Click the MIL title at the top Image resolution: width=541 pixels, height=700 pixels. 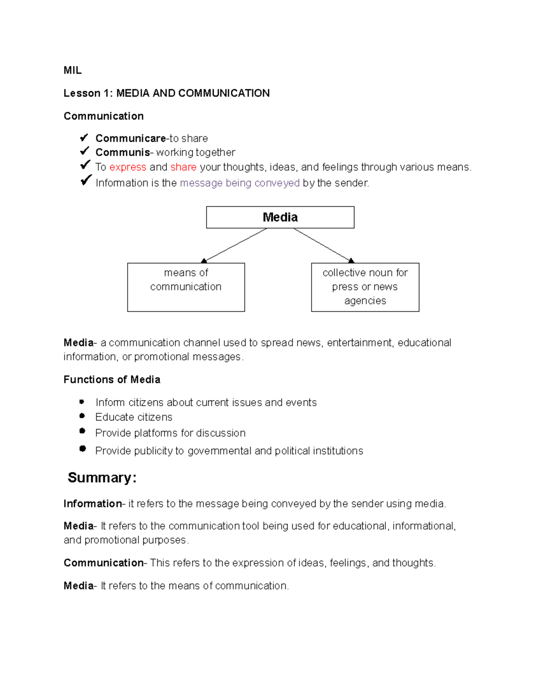pyautogui.click(x=72, y=70)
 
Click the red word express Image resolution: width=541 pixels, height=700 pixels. pyautogui.click(x=128, y=167)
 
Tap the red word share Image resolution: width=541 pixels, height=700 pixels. pyautogui.click(x=183, y=167)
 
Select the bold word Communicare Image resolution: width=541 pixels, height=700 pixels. pyautogui.click(x=130, y=138)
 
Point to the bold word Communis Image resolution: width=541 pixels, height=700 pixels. pyautogui.click(x=123, y=152)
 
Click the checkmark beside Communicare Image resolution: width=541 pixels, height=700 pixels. pyautogui.click(x=84, y=137)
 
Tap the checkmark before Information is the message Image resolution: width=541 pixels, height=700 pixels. pyautogui.click(x=86, y=181)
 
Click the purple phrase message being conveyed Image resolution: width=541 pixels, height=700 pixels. pyautogui.click(x=239, y=183)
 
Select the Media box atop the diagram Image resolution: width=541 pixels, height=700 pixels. pyautogui.click(x=280, y=217)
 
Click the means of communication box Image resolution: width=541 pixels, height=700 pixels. pyautogui.click(x=186, y=287)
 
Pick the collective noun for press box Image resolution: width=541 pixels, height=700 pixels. pyautogui.click(x=365, y=287)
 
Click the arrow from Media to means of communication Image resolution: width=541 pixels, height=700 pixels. pyautogui.click(x=234, y=245)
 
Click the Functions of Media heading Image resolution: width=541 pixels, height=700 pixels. pyautogui.click(x=112, y=380)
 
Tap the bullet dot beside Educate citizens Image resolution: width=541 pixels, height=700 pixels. pyautogui.click(x=82, y=416)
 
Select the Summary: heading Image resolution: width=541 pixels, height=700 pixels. pyautogui.click(x=102, y=478)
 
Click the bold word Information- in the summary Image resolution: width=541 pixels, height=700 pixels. pyautogui.click(x=93, y=504)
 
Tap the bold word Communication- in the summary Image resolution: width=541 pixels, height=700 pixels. pyautogui.click(x=104, y=563)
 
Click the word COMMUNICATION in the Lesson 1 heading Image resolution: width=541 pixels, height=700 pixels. pyautogui.click(x=224, y=93)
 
